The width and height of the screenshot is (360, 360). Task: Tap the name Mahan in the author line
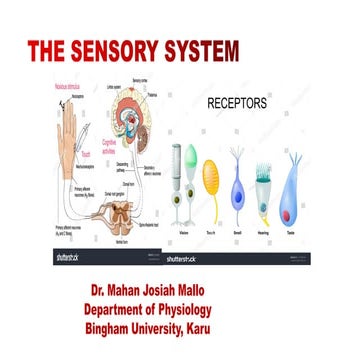click(x=136, y=291)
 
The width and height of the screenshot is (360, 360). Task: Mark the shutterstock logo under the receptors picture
click(x=188, y=257)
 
